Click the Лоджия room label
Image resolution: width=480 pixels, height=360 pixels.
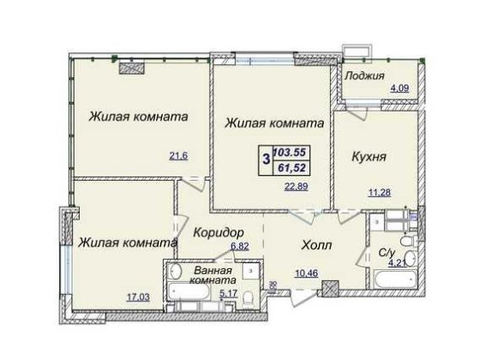[365, 75]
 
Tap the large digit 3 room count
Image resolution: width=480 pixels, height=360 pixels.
[267, 159]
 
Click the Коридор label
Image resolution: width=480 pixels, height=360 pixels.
[220, 233]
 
